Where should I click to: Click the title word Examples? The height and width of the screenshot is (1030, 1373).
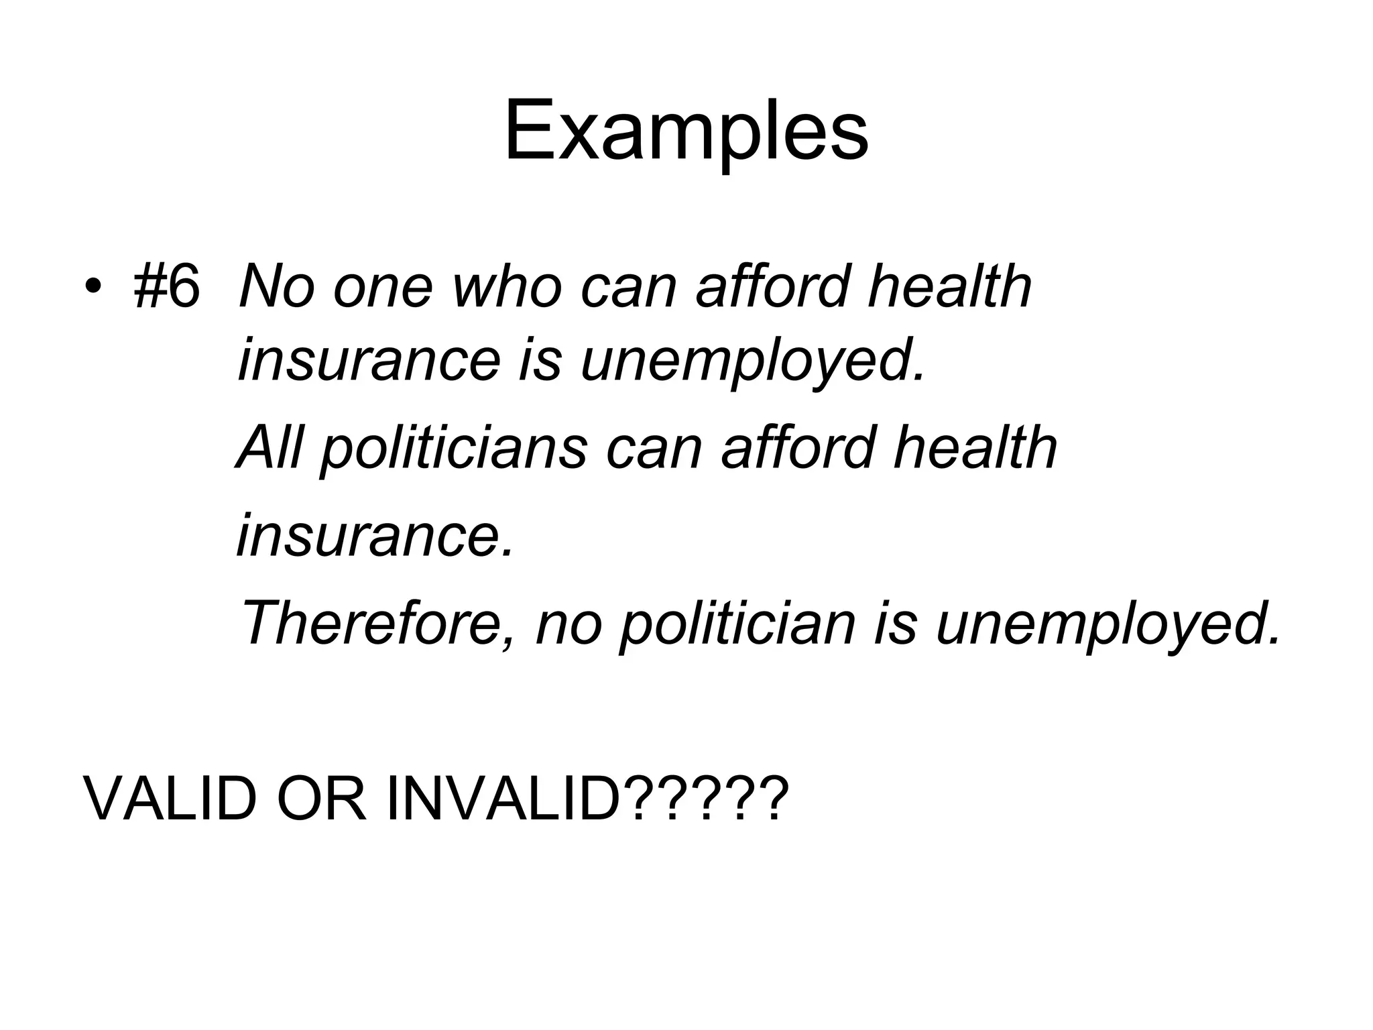[x=686, y=131]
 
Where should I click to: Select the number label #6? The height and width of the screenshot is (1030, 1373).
[x=167, y=287]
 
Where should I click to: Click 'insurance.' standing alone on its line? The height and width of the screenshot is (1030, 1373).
[x=375, y=534]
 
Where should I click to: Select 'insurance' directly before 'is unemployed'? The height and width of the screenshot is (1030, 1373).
[x=369, y=361]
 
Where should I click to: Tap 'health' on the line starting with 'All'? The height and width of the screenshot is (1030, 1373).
[x=975, y=447]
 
